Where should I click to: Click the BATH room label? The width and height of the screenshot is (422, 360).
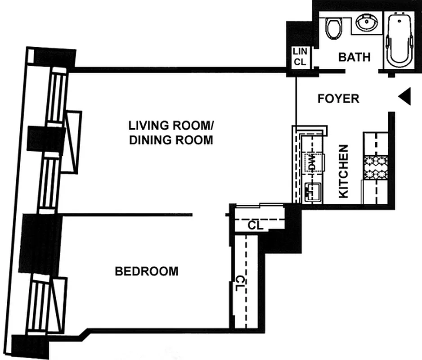355,57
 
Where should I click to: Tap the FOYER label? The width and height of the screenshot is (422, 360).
338,99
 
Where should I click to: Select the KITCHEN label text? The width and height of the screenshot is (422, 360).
344,171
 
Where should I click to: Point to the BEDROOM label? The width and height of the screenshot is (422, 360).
147,271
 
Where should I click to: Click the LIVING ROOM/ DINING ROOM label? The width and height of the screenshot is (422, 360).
171,132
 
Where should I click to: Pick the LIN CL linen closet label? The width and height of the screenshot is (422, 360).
300,58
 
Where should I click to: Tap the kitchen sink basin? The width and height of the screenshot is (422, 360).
312,193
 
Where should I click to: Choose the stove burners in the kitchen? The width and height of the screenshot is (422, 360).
375,166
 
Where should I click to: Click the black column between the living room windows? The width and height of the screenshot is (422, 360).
45,138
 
